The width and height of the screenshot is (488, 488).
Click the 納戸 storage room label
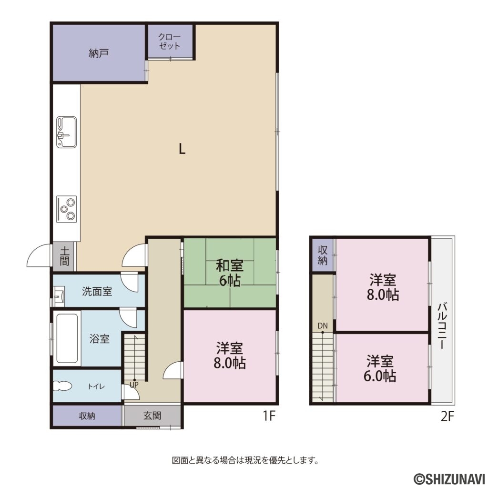(99, 53)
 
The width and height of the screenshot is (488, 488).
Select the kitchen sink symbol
(66, 132)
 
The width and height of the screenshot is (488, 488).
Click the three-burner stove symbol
(66, 209)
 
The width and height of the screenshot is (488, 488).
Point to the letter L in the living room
(182, 149)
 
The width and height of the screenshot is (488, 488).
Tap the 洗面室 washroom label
(97, 291)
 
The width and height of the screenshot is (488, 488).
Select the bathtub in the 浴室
(66, 338)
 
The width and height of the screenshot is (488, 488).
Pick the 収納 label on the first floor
(87, 416)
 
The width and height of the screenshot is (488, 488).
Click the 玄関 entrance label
(152, 416)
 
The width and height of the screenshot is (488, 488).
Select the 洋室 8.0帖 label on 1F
(230, 356)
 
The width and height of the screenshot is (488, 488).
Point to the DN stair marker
(323, 326)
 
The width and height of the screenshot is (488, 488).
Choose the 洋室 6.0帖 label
(380, 368)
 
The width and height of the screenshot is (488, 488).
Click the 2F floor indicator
(447, 416)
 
